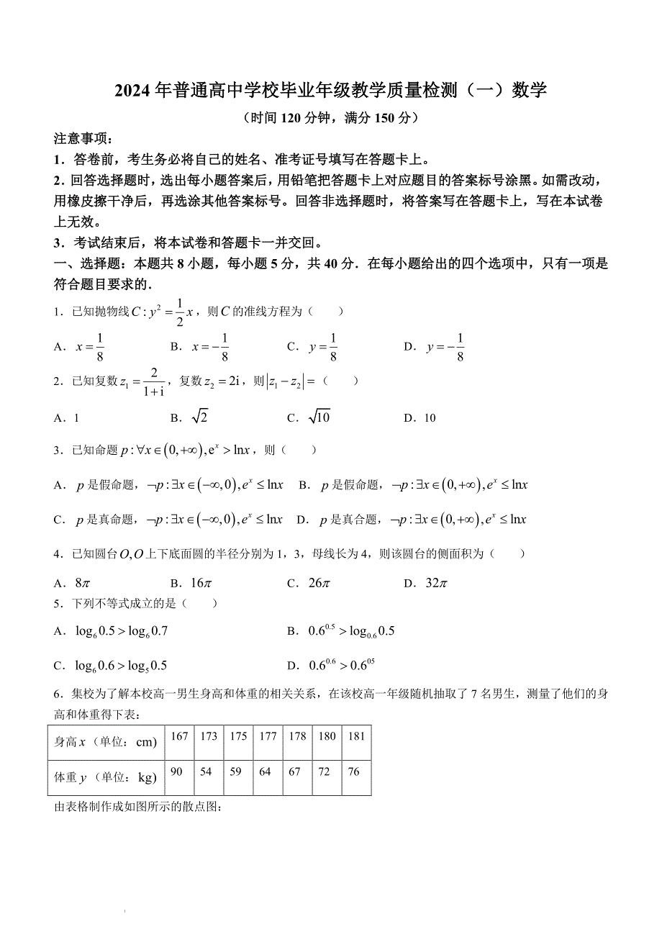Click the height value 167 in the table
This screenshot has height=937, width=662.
pos(180,736)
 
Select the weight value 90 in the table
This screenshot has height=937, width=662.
pos(177,771)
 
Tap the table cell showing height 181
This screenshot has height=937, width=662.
pos(356,736)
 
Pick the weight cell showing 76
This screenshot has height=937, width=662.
pos(353,771)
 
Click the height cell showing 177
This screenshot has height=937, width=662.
pos(268,736)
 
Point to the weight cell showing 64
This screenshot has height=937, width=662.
pos(266,771)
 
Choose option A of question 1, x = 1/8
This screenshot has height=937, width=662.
pos(91,347)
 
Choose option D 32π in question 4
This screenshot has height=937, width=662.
pos(436,583)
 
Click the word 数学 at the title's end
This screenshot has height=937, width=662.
pos(529,91)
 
